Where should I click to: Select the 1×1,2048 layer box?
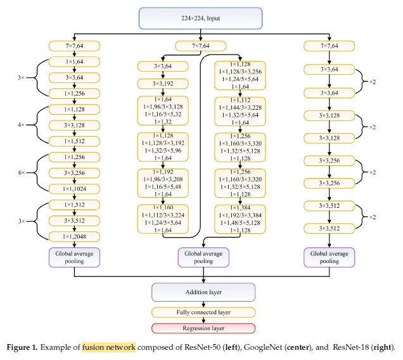[74, 236]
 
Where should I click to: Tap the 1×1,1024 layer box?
[74, 188]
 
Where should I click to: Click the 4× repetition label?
[20, 125]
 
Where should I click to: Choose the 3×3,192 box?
[163, 83]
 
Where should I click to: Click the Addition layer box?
[203, 292]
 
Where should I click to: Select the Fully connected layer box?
[203, 312]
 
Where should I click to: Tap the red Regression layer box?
[203, 328]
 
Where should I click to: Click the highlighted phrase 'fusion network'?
[108, 347]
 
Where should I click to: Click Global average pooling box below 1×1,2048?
[74, 257]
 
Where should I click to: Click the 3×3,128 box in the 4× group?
[74, 125]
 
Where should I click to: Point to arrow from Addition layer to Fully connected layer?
[203, 304]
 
